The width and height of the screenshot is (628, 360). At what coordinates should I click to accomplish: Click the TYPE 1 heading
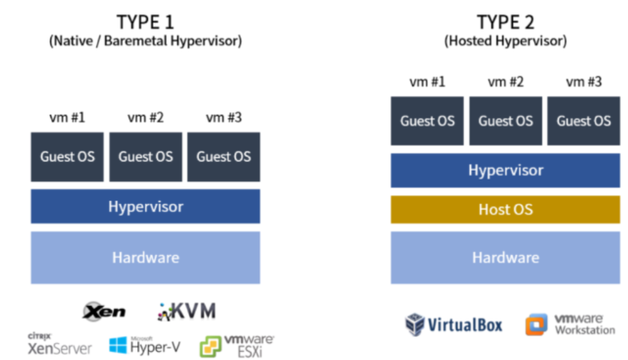(146, 21)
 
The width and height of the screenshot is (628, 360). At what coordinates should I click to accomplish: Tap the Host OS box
(505, 209)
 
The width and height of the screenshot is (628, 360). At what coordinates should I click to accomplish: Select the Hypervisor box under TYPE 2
(505, 171)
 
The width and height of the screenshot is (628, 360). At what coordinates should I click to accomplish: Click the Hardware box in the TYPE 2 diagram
(505, 257)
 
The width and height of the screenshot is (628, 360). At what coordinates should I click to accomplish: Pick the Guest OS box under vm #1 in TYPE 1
(67, 156)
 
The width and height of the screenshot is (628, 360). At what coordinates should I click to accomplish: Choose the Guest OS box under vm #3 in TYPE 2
(584, 121)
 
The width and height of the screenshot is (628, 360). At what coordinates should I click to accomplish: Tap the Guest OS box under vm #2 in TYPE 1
(145, 156)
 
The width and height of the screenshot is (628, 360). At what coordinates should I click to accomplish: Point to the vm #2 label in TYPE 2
(505, 83)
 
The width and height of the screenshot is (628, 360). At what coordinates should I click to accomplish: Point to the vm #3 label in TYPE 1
(223, 118)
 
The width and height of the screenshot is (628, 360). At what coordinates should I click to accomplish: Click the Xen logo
(104, 312)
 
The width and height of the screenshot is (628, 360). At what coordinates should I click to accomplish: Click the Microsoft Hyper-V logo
(147, 344)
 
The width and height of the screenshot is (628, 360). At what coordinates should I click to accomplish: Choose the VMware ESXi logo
(236, 344)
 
